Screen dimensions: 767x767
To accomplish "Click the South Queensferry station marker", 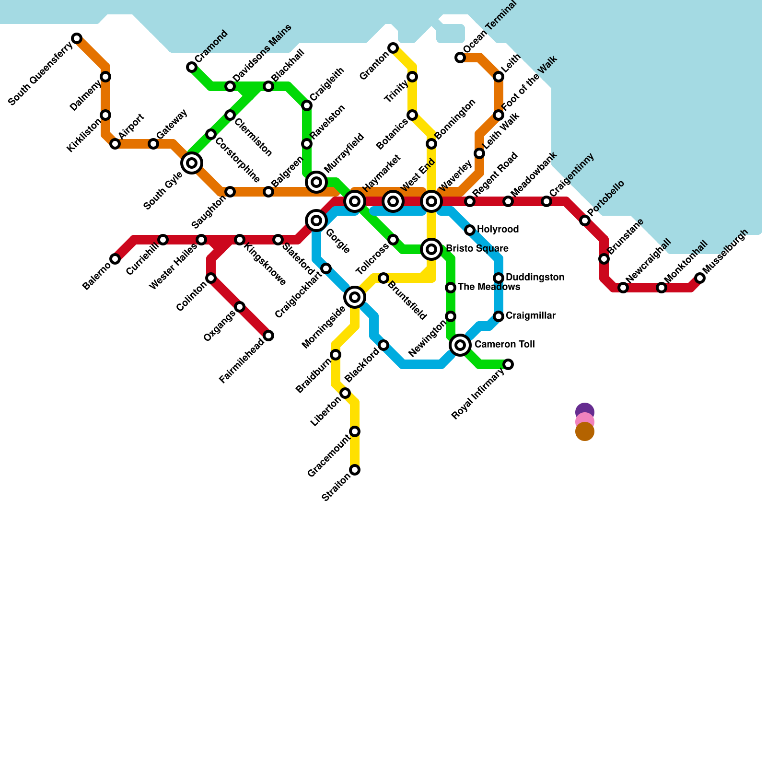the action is click(77, 38).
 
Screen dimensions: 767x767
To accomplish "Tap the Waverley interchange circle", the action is click(431, 201).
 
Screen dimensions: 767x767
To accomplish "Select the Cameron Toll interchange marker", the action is click(460, 345).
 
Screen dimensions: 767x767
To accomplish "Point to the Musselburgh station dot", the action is click(700, 278).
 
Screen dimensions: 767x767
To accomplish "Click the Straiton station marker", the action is click(355, 470).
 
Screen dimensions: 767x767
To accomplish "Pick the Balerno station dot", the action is click(115, 259).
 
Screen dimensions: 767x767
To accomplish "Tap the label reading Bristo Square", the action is click(477, 249).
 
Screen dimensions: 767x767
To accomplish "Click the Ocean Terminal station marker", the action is click(460, 58).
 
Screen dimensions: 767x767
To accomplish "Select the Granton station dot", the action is click(393, 48).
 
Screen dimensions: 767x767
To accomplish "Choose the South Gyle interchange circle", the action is click(192, 163).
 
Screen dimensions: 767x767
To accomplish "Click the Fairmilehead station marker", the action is click(268, 336).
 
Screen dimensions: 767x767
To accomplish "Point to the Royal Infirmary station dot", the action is click(508, 364).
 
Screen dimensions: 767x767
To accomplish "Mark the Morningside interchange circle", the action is click(355, 297).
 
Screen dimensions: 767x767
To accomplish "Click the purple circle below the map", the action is click(585, 410).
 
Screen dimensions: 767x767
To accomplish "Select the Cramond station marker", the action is click(192, 67).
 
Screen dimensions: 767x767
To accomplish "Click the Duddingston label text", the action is click(535, 278).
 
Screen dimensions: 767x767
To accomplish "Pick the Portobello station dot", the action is click(585, 221).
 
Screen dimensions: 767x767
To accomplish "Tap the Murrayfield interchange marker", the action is click(316, 182).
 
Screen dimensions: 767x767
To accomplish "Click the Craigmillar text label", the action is click(530, 316).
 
